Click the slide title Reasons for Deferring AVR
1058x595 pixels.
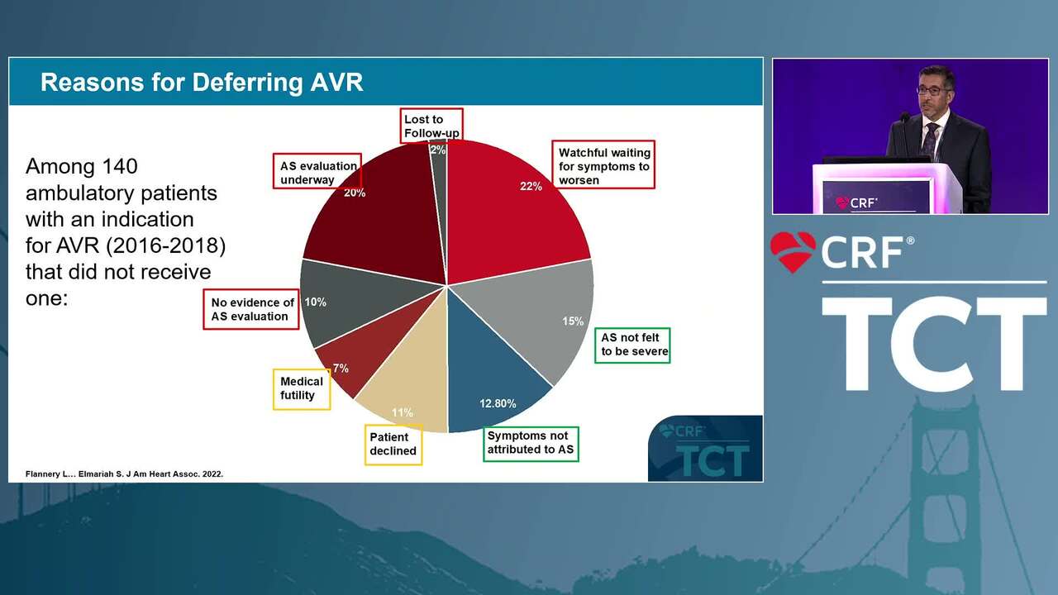coord(202,83)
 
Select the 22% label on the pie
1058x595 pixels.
coord(531,187)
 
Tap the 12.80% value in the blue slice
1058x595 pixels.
coord(498,404)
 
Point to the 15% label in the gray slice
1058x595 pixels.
coord(573,321)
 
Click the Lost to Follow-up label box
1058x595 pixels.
coord(431,126)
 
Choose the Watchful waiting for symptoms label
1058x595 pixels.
coord(603,164)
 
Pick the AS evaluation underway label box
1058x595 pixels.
coord(317,171)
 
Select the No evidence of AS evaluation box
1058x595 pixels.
coord(251,309)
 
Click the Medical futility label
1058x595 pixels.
coord(302,389)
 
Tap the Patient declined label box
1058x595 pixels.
coord(393,445)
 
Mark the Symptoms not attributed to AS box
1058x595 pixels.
coord(531,444)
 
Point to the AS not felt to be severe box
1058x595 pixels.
coord(632,345)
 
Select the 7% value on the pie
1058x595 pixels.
coord(341,369)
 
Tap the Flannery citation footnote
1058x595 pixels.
coord(124,474)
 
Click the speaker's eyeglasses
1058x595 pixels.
coord(933,91)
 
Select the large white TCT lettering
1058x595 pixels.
coord(934,344)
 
